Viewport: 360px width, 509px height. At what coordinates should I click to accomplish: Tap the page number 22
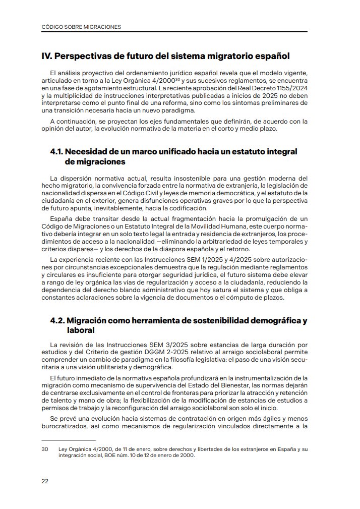tap(45, 481)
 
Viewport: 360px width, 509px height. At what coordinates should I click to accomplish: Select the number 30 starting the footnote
tap(44, 449)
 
